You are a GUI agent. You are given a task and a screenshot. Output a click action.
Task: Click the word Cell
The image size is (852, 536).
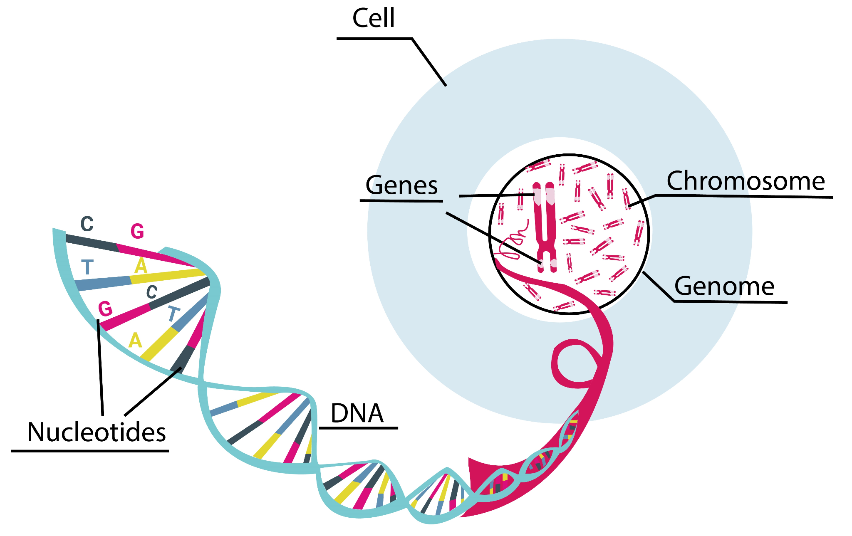(x=373, y=19)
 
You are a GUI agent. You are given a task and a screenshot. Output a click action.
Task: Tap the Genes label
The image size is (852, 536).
(x=401, y=185)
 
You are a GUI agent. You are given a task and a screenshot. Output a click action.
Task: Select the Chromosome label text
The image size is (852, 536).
(x=745, y=181)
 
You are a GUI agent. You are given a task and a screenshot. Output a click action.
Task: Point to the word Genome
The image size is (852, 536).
(x=724, y=287)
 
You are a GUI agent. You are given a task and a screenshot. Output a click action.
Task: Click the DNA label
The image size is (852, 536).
(x=357, y=414)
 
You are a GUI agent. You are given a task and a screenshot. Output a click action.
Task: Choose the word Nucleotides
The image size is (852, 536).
(x=97, y=432)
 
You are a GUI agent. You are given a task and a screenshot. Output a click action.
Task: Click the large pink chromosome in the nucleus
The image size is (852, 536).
(x=545, y=225)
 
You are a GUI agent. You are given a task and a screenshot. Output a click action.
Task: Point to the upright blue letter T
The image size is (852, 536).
(x=87, y=267)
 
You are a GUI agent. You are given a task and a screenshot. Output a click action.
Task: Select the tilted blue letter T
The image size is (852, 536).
(x=174, y=314)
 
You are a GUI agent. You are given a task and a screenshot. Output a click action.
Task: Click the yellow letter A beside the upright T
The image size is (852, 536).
(x=141, y=266)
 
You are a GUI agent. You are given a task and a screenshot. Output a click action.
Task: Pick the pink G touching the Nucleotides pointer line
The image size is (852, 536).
(x=105, y=309)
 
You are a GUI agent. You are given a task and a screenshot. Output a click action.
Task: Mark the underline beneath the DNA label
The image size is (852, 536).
(x=358, y=428)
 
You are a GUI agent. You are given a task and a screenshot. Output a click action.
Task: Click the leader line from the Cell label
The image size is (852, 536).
(x=428, y=62)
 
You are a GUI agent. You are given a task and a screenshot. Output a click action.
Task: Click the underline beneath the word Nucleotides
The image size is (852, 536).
(x=90, y=451)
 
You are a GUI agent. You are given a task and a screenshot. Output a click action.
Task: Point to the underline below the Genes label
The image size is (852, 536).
(x=401, y=201)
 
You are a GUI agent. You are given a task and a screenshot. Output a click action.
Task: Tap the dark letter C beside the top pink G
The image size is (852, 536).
(x=87, y=224)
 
